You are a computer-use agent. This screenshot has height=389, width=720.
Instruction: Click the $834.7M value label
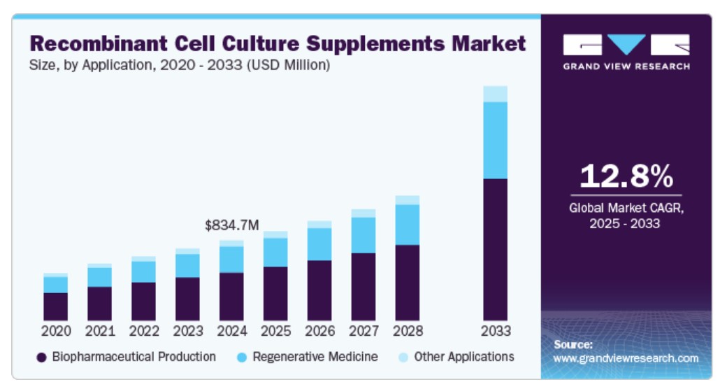pos(231,225)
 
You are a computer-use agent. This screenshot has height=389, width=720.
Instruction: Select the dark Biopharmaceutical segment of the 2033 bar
pos(495,249)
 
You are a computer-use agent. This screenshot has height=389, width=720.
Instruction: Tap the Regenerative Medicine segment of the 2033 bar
pos(495,140)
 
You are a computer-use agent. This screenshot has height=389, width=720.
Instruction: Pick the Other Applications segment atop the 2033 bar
pos(495,94)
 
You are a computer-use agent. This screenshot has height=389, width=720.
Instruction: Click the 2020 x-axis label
pos(55,330)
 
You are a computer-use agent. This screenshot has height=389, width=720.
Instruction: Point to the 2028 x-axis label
pos(408,330)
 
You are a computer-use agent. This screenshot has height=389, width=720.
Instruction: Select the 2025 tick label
pos(275,330)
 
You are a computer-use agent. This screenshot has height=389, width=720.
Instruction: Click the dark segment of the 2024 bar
pos(231,296)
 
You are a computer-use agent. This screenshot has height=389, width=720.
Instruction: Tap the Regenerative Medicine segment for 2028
pos(408,225)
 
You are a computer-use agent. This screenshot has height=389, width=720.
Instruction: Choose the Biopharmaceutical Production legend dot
pos(41,358)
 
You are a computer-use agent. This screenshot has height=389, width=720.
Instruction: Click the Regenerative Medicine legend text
pos(315,357)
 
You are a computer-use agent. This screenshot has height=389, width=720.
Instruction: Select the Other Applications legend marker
pos(403,358)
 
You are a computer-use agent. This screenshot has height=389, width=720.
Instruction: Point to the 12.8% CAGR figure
pos(626,176)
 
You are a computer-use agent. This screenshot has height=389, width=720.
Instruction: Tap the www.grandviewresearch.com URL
pos(626,358)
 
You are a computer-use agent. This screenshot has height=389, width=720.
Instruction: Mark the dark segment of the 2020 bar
pos(55,306)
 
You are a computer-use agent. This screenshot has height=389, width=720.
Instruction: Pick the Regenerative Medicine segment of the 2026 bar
pos(319,244)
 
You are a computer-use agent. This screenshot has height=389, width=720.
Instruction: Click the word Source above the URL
pos(573,345)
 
